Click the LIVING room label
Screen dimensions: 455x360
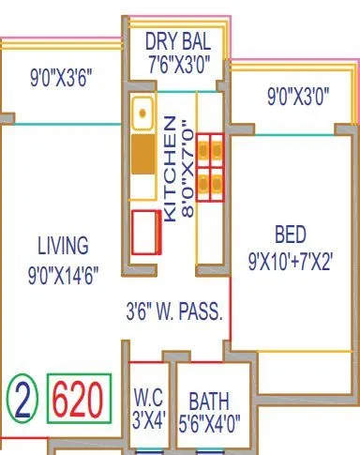[x=63, y=246]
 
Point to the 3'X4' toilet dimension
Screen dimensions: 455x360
[x=149, y=419]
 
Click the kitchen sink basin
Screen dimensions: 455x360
[x=142, y=113]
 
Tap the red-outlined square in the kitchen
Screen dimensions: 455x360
[x=145, y=232]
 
